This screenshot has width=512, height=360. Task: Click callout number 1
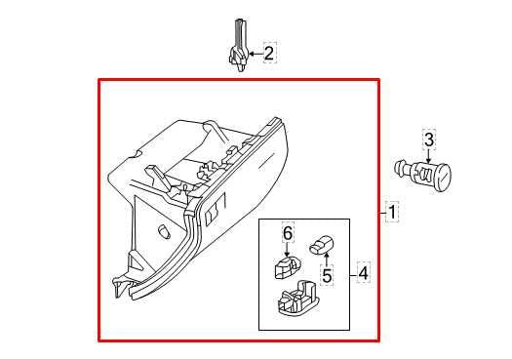pyautogui.click(x=391, y=212)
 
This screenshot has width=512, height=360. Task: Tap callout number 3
pyautogui.click(x=428, y=140)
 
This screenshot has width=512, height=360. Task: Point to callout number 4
pyautogui.click(x=363, y=273)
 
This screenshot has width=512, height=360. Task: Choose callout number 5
pyautogui.click(x=327, y=276)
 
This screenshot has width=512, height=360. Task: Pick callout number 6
pyautogui.click(x=288, y=234)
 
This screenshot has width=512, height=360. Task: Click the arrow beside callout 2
pyautogui.click(x=255, y=55)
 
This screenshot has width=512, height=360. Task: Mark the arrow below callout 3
pyautogui.click(x=428, y=156)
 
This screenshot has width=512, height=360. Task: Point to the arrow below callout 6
pyautogui.click(x=288, y=250)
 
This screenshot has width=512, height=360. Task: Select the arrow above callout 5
pyautogui.click(x=326, y=260)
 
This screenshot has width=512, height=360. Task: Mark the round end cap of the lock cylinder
pyautogui.click(x=445, y=179)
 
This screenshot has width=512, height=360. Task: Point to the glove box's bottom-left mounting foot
pyautogui.click(x=119, y=285)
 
